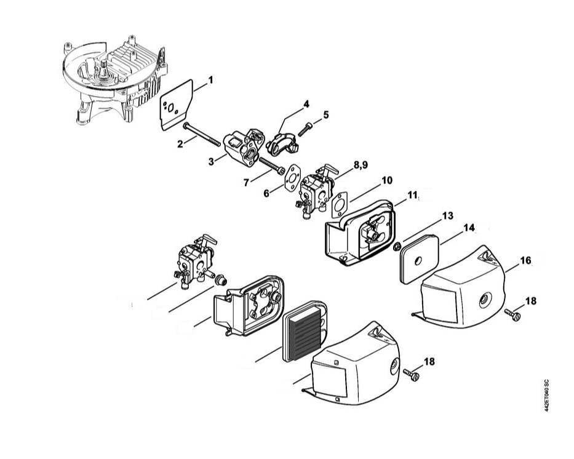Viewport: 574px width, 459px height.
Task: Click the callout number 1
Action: tap(210, 80)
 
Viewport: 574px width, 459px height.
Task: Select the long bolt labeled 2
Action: tap(201, 134)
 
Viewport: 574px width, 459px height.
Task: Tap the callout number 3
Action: tap(211, 161)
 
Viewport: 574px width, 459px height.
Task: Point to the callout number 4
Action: tap(306, 104)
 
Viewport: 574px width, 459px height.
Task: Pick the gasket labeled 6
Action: tap(292, 178)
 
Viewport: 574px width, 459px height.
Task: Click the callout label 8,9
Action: tap(361, 166)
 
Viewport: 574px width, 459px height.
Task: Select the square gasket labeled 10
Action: tap(341, 205)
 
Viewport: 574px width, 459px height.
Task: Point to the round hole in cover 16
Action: tap(484, 300)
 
